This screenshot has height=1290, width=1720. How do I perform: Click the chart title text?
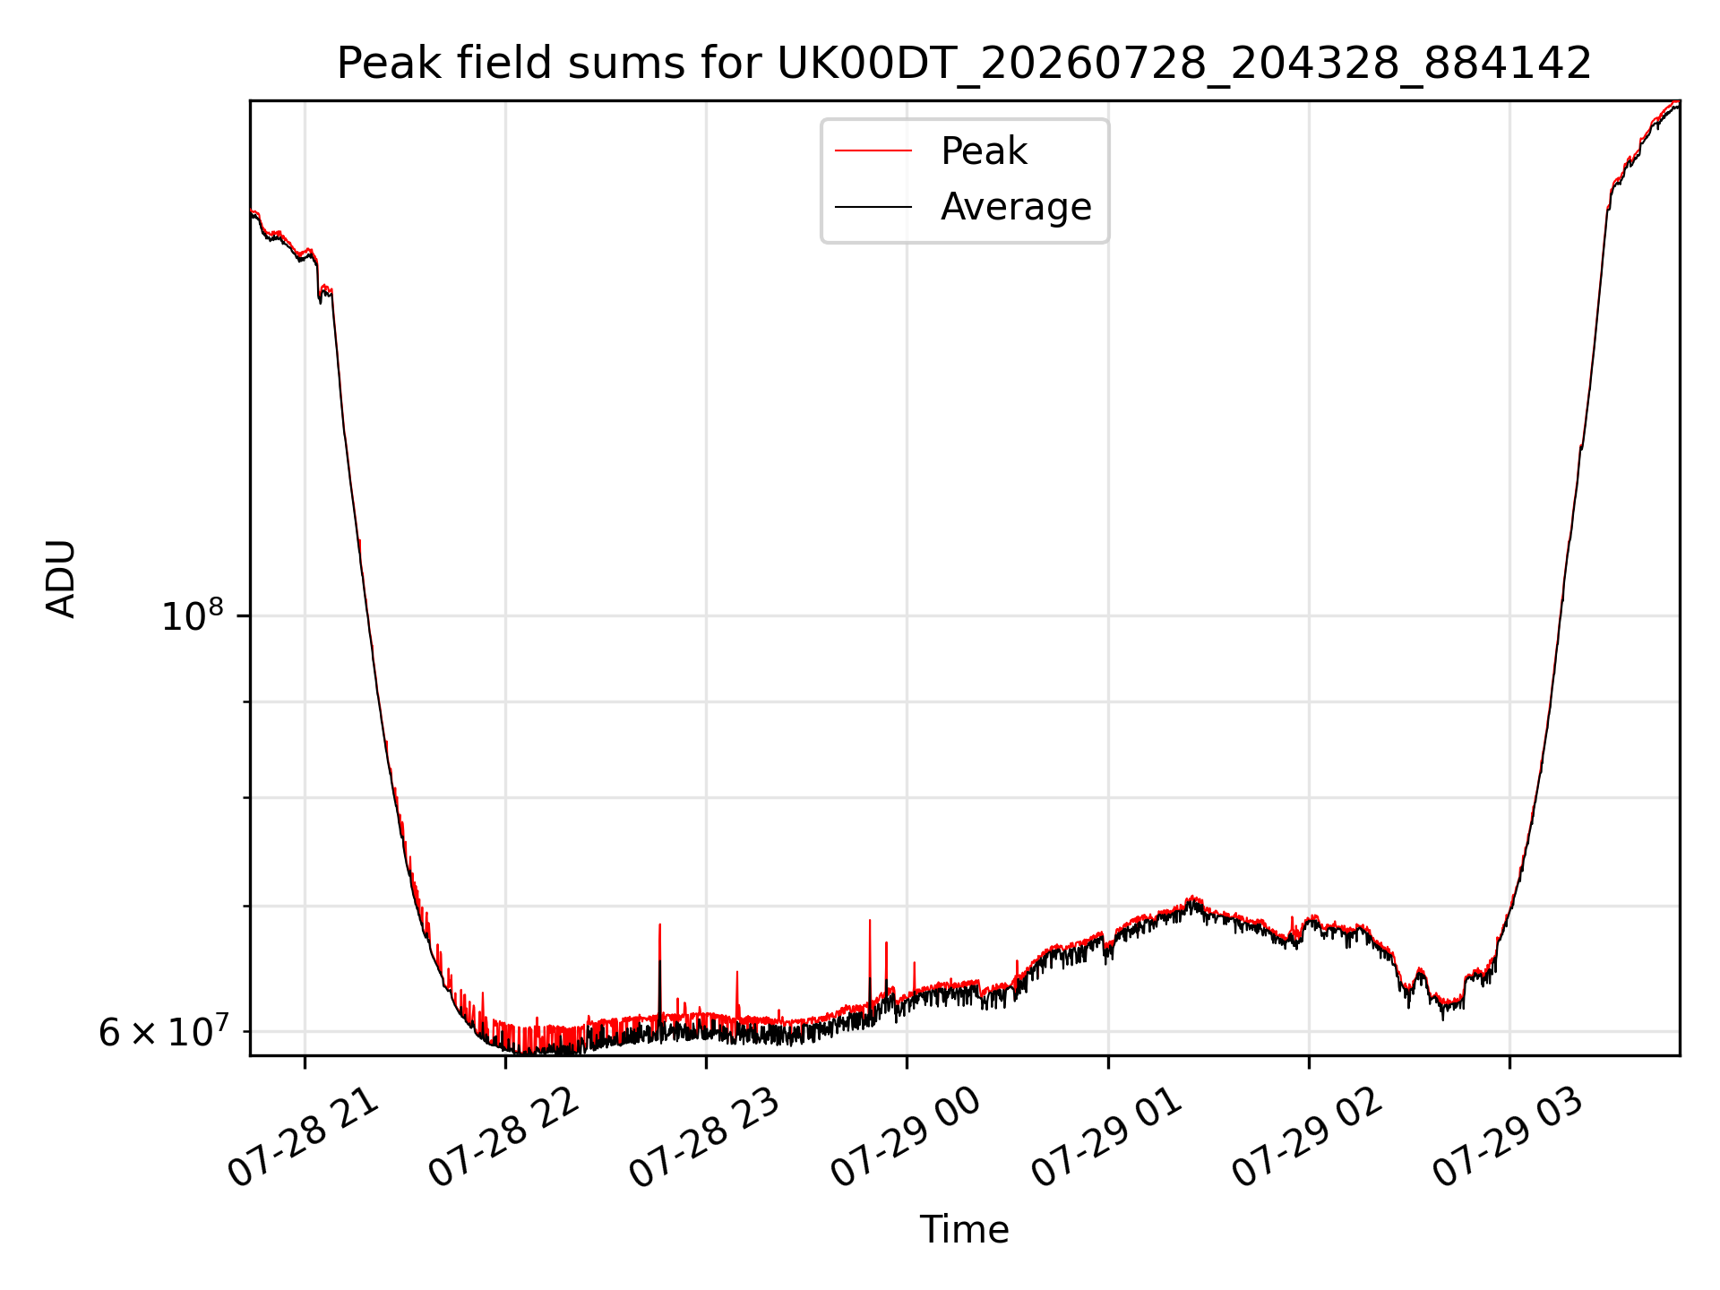tap(964, 64)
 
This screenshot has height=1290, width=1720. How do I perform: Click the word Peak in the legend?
tap(984, 151)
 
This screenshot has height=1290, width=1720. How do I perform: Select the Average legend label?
tap(1016, 207)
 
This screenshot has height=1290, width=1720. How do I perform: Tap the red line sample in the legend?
tap(873, 151)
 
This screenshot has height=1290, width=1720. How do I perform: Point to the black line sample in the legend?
tap(873, 207)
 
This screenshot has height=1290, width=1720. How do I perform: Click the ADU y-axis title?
tap(61, 579)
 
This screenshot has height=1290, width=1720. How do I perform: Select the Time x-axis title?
tap(964, 1230)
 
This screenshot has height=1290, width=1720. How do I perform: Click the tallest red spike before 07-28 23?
tap(659, 924)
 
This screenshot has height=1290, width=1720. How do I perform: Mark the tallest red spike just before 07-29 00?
tap(869, 920)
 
